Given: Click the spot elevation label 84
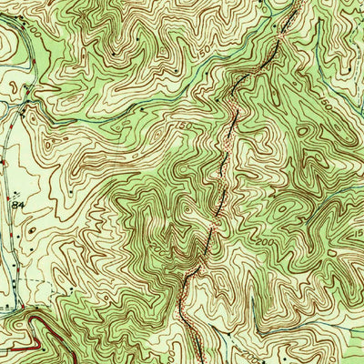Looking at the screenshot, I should (x=17, y=206).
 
